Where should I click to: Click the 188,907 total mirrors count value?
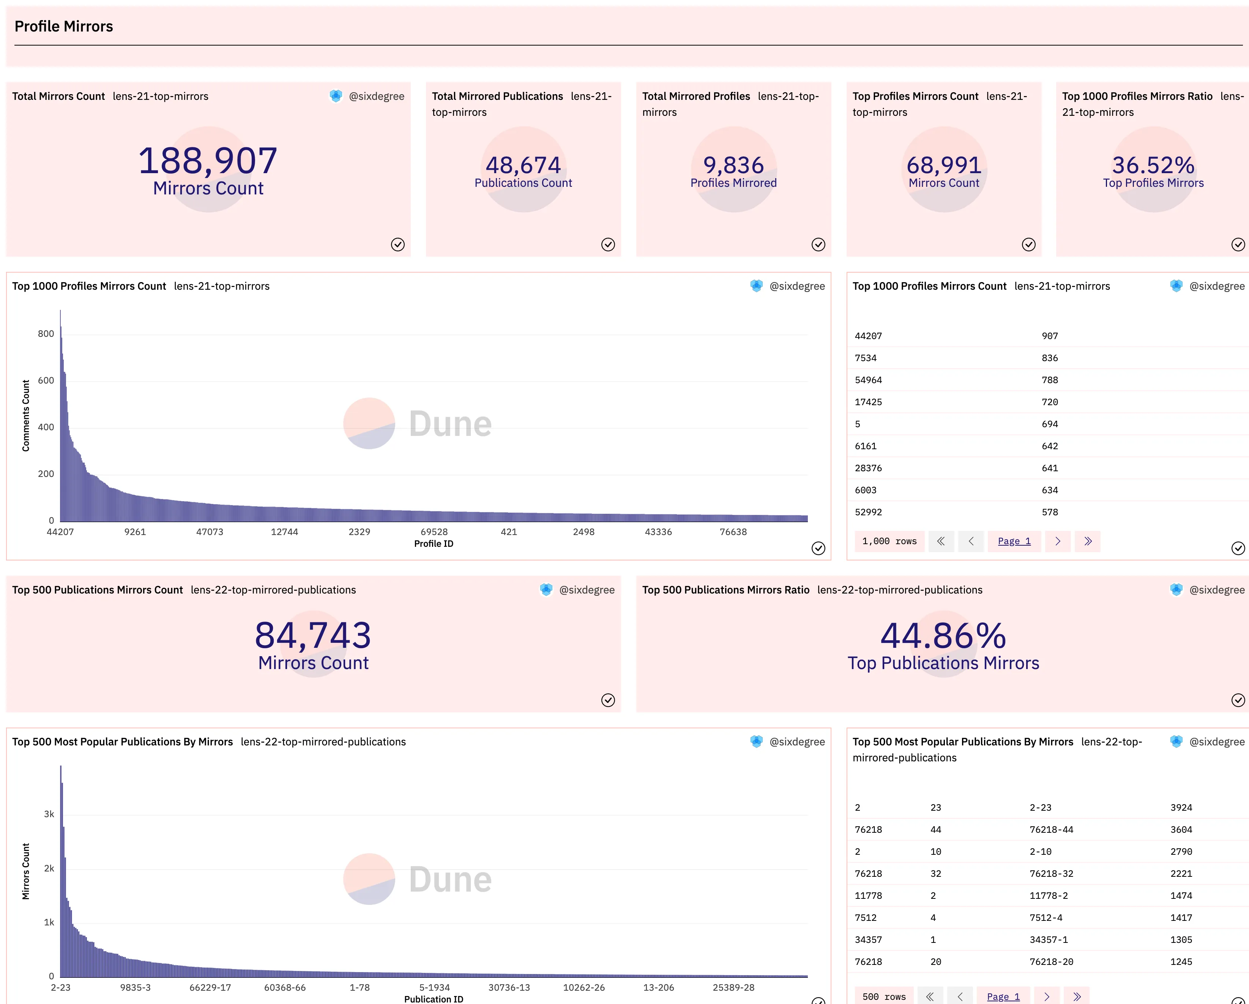click(208, 161)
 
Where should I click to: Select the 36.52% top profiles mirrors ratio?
click(1153, 165)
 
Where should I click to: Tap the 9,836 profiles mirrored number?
click(733, 165)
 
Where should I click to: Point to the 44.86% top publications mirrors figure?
click(943, 636)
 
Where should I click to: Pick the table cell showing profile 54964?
click(868, 380)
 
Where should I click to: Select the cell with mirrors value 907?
click(1050, 336)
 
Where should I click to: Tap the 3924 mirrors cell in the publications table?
click(1181, 808)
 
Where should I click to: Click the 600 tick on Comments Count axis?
click(46, 380)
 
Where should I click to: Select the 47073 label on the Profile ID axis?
click(210, 532)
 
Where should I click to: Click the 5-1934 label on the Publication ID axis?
click(434, 987)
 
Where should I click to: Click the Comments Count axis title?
click(25, 415)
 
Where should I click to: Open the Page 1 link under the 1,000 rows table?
click(1014, 541)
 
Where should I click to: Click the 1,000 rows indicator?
click(889, 541)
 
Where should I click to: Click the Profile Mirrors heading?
click(64, 26)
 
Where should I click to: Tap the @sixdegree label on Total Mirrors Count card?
click(377, 96)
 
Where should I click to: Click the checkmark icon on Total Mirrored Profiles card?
click(818, 245)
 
